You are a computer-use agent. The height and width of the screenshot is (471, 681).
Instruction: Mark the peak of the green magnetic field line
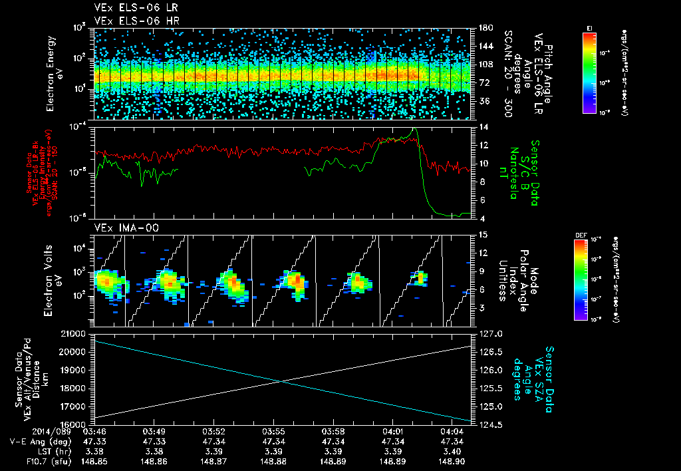(x=415, y=129)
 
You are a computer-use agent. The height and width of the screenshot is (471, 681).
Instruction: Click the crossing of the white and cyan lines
(x=283, y=381)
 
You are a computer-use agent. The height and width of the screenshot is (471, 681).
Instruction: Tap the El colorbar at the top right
(x=589, y=74)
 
